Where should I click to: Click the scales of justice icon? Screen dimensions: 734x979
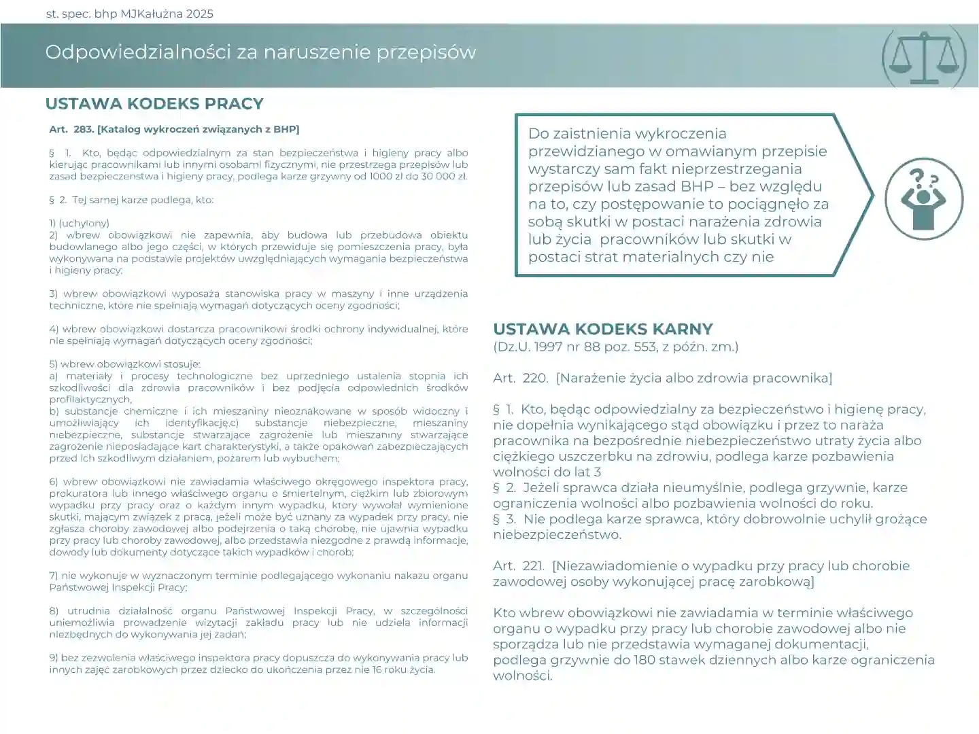(x=924, y=57)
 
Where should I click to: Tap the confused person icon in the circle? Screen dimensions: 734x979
(x=923, y=198)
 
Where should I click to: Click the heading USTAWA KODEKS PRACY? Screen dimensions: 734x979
(x=154, y=104)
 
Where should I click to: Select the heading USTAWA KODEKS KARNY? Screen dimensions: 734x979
(x=602, y=330)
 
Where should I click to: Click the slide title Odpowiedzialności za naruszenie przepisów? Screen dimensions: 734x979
(x=260, y=52)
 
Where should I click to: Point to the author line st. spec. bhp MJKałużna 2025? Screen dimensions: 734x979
(x=129, y=14)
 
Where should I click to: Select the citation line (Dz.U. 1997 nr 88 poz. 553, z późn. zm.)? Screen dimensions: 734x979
(x=615, y=347)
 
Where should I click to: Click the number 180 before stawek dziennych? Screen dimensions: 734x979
(x=643, y=660)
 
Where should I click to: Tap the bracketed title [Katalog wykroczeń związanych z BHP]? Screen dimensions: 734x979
(x=198, y=129)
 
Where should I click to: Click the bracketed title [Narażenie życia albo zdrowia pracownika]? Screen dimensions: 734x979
(x=693, y=379)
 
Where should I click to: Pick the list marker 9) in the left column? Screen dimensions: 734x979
(x=54, y=658)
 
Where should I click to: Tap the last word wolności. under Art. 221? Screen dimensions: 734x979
(x=522, y=676)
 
